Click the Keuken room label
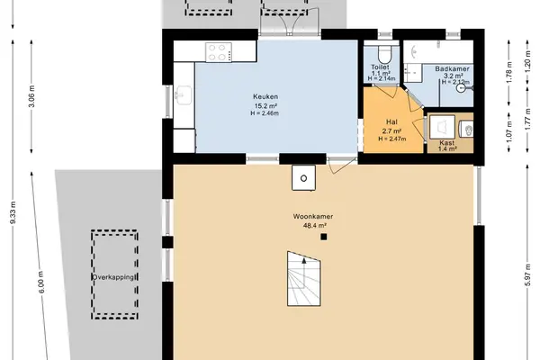click(x=265, y=97)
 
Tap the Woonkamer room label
click(x=313, y=217)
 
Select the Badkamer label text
click(x=452, y=69)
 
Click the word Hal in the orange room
click(x=391, y=122)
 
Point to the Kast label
click(x=447, y=142)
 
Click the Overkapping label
click(x=114, y=277)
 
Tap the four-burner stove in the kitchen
click(x=219, y=52)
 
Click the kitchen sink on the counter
click(x=184, y=94)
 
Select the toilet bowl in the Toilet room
click(x=383, y=53)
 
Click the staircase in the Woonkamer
click(x=304, y=279)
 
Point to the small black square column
click(x=324, y=237)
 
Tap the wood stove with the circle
click(x=304, y=178)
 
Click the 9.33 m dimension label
click(x=13, y=212)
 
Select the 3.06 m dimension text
click(x=31, y=95)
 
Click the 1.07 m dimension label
click(x=509, y=131)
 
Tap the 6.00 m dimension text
click(x=41, y=283)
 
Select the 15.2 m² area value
click(x=265, y=106)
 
